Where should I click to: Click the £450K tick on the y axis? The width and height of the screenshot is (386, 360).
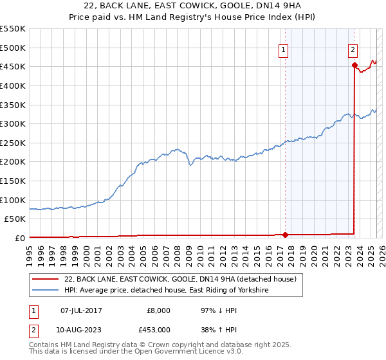coord(13,66)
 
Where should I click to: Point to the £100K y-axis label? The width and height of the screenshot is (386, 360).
coord(13,200)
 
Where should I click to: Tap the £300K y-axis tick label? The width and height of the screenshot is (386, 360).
coord(13,123)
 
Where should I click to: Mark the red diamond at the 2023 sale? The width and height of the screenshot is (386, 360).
coord(354,65)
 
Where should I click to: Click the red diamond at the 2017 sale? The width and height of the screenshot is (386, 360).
coord(286,235)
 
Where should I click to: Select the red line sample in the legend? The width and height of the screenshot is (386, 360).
coord(45,280)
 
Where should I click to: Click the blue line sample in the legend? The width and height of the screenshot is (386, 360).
coord(45,291)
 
